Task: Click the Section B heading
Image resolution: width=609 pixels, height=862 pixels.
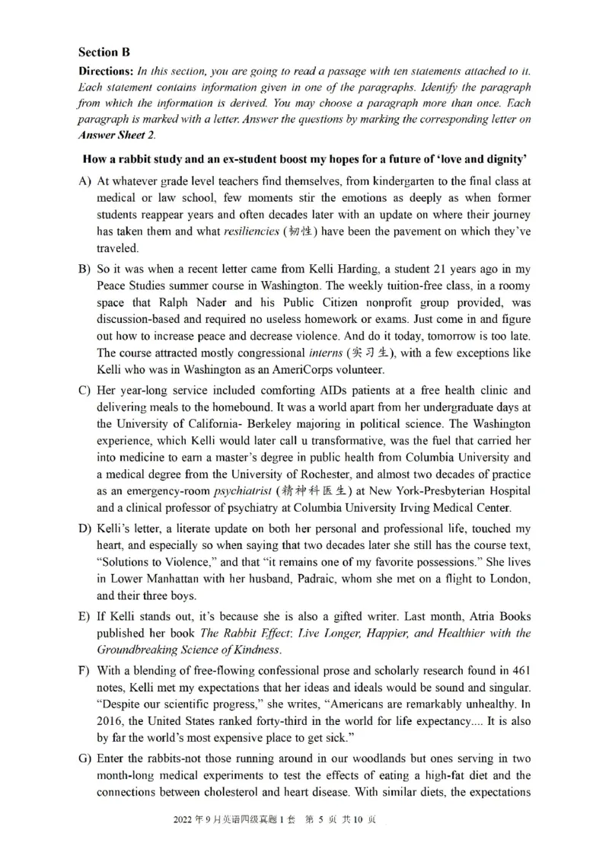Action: (104, 53)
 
